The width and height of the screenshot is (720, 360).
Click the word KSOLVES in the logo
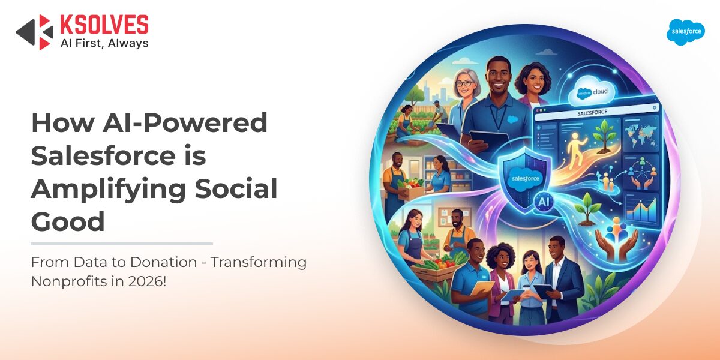[104, 25]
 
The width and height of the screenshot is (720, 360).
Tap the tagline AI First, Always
[104, 43]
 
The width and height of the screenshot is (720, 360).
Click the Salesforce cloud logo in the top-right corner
[686, 32]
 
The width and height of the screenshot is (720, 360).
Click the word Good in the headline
[68, 221]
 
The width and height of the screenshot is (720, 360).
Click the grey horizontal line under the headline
[122, 244]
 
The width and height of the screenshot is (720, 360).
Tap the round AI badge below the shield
[544, 202]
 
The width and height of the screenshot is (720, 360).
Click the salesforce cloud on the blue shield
[525, 179]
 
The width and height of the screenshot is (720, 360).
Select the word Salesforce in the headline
[103, 156]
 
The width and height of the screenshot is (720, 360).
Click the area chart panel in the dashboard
[641, 209]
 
